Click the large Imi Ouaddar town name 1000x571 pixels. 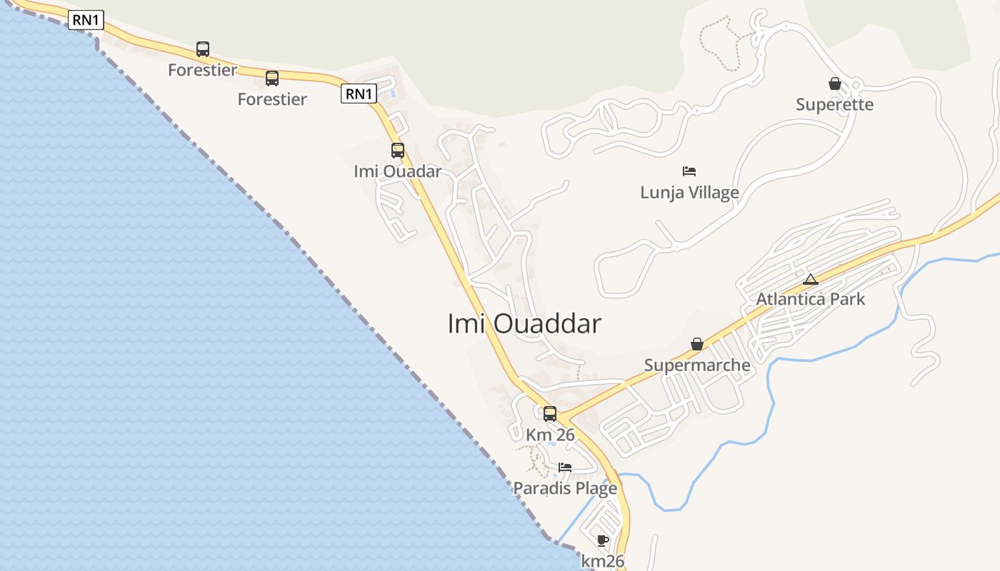coord(524,324)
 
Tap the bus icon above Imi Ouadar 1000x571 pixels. coord(398,151)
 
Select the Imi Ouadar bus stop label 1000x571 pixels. coord(398,171)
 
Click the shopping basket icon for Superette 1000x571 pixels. coord(834,84)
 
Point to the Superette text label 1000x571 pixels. coord(834,105)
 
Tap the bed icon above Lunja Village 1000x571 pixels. coord(689,171)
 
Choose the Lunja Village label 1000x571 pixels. coord(689,192)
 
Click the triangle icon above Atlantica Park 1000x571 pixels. coord(810,279)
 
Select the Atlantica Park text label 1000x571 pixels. coord(811,299)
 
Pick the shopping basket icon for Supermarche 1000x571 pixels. coord(697,345)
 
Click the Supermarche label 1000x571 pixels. coord(697,365)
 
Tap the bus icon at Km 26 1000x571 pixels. coord(550,413)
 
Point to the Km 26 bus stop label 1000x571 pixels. coord(550,435)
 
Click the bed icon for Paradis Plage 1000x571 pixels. coord(565,468)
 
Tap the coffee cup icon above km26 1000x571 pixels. coord(603,540)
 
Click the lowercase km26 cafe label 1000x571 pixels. coord(603,562)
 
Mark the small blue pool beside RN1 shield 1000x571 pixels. coord(393,94)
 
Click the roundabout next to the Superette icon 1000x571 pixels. coord(856,85)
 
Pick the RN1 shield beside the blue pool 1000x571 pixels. coord(359,94)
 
